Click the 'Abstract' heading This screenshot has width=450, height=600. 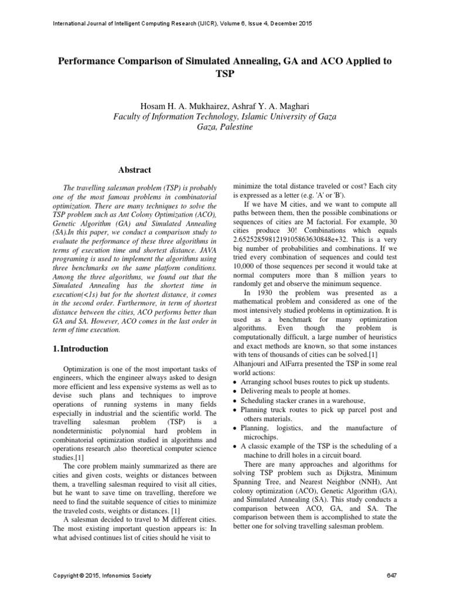[x=135, y=170]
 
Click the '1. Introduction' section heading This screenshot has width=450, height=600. [x=80, y=349]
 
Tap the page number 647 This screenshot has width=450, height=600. [x=392, y=575]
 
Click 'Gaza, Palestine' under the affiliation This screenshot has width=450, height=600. [x=225, y=127]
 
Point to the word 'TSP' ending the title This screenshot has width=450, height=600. [x=225, y=74]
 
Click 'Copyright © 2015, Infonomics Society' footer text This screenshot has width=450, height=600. [x=102, y=575]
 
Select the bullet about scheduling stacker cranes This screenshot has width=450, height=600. [x=304, y=400]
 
